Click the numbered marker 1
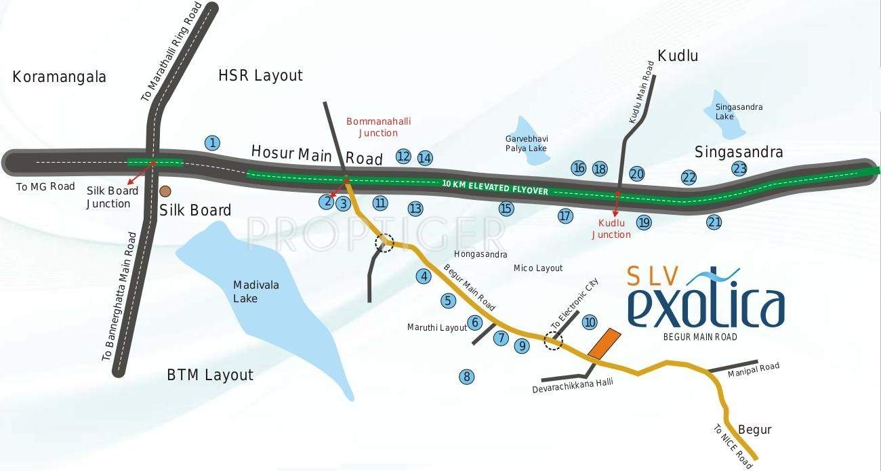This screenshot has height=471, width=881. tap(213, 143)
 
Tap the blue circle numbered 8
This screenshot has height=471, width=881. tap(466, 377)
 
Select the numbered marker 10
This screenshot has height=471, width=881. tap(590, 322)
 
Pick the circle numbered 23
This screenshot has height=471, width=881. tap(739, 169)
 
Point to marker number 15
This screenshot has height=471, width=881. tap(506, 209)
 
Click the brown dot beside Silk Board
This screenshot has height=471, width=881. tap(165, 192)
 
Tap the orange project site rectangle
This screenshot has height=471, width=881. tap(604, 344)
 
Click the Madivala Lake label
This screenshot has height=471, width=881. tap(255, 291)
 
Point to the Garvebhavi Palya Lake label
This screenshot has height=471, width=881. tap(525, 144)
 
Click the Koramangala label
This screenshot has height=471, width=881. tap(60, 77)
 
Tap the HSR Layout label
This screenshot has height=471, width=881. tap(260, 75)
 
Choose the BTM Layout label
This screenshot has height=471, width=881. tap(210, 375)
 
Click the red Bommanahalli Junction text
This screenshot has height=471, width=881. tap(378, 127)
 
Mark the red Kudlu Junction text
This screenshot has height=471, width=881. tap(611, 228)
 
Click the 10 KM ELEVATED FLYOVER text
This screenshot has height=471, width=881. tap(495, 187)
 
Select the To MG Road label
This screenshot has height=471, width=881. tap(45, 186)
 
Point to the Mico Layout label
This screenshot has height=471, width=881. tap(538, 268)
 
